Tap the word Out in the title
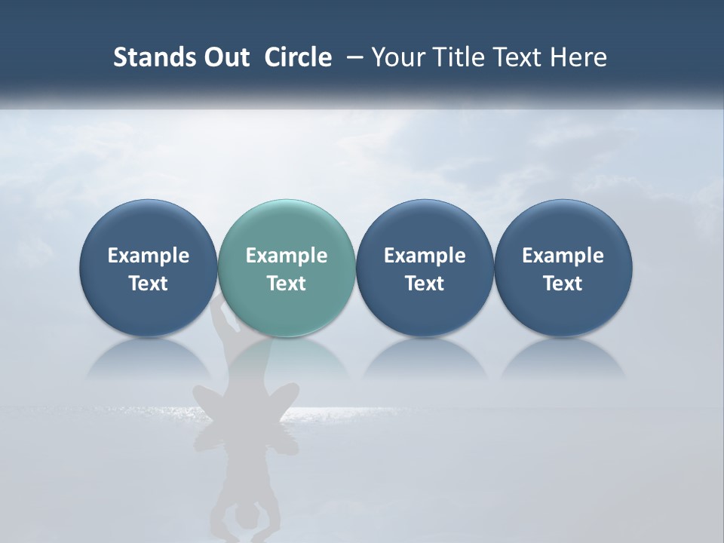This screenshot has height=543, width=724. [x=225, y=57]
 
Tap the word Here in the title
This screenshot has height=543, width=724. [x=578, y=57]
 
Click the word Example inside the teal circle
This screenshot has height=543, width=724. [x=286, y=256]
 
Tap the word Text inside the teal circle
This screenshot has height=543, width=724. [x=286, y=284]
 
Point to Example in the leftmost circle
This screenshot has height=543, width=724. [x=148, y=256]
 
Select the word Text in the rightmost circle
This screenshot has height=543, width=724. [x=563, y=284]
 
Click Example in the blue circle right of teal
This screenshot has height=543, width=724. [x=425, y=256]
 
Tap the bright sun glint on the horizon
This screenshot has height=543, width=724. [x=332, y=412]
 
